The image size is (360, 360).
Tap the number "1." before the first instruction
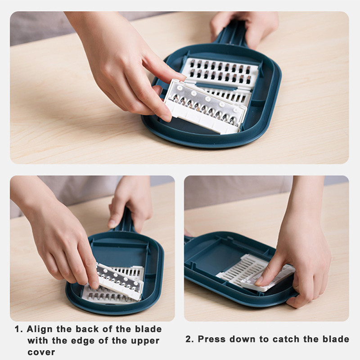click(19, 329)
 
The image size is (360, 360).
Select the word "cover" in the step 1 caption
click(41, 352)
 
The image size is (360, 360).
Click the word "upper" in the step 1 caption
click(145, 341)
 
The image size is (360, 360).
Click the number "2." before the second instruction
click(189, 339)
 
